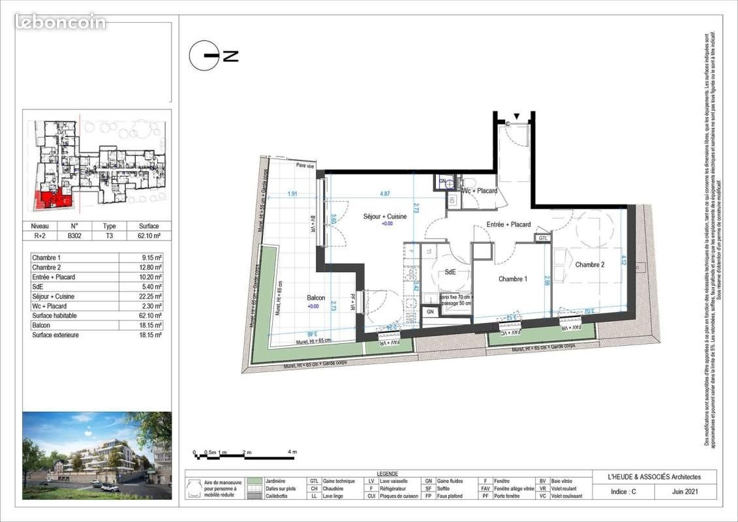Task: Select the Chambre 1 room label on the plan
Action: (512, 279)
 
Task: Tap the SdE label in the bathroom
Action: (450, 272)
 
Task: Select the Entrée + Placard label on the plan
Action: (508, 225)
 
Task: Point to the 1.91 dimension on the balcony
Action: (293, 194)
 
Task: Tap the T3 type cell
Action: (110, 237)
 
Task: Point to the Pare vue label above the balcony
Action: (305, 166)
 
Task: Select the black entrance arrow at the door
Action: (517, 116)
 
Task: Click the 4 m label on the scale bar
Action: (292, 452)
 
